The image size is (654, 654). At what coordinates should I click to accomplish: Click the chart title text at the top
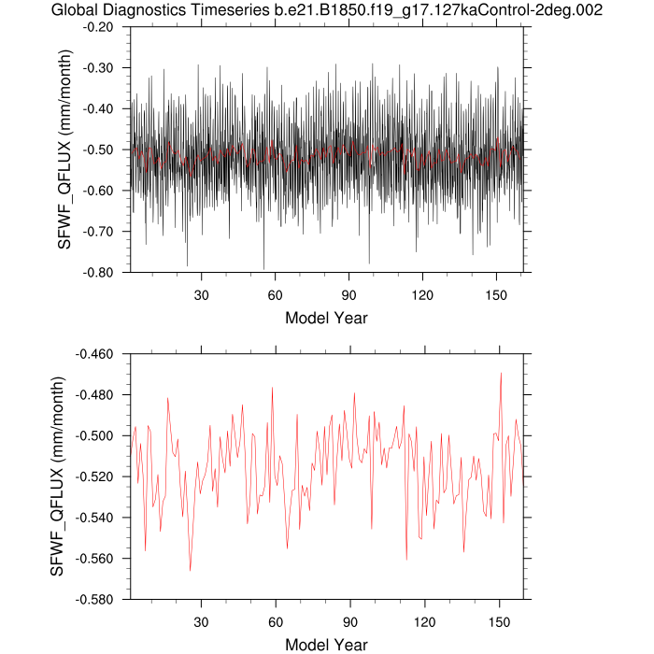[x=327, y=10]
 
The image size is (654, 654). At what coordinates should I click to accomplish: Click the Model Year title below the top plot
[x=326, y=318]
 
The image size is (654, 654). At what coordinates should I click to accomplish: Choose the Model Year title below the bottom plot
[x=326, y=645]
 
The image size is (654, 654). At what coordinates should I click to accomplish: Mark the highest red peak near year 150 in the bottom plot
[x=501, y=373]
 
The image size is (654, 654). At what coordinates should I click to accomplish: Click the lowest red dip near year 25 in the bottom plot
[x=191, y=570]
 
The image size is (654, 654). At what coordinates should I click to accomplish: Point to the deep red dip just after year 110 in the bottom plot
[x=406, y=560]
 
